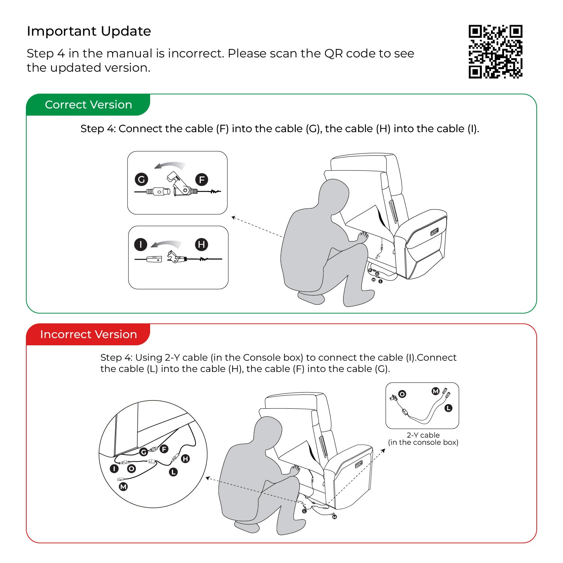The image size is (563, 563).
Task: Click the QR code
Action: (495, 52)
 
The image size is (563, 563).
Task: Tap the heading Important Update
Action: (89, 31)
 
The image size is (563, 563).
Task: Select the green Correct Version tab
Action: (88, 105)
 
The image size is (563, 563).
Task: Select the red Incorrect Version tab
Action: (88, 334)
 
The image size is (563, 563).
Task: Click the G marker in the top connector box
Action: (142, 179)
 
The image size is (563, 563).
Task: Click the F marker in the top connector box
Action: (202, 180)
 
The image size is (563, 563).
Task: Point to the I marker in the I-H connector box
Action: (141, 245)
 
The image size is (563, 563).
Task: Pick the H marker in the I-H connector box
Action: (202, 245)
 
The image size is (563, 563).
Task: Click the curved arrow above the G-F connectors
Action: (170, 165)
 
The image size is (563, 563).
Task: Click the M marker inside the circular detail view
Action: (123, 487)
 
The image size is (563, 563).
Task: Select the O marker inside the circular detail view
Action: (131, 469)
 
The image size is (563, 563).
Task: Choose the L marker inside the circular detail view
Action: (173, 472)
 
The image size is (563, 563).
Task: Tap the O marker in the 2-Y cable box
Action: (402, 394)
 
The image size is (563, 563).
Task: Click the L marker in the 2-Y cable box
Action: (448, 408)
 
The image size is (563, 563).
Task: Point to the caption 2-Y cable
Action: (423, 435)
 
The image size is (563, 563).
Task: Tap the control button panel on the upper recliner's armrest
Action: (435, 232)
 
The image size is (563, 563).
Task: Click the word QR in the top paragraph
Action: (334, 54)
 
